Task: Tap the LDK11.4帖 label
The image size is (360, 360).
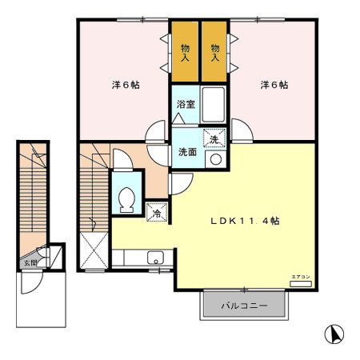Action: coord(244,221)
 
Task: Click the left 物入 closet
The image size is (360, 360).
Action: coord(185,53)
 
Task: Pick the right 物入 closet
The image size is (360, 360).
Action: coord(214,53)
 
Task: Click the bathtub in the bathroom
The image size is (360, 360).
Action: coord(213,104)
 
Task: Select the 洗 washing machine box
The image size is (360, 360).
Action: coord(214,138)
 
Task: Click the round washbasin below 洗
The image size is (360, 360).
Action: coord(214,159)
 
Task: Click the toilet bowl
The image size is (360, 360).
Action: coord(126,199)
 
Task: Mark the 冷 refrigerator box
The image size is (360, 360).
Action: coord(157,213)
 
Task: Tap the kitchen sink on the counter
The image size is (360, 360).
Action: coord(155,258)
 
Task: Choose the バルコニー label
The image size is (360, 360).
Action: coord(243,305)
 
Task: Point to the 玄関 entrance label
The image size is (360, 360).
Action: coord(30,261)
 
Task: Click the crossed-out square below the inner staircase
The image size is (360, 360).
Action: coord(94,251)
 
